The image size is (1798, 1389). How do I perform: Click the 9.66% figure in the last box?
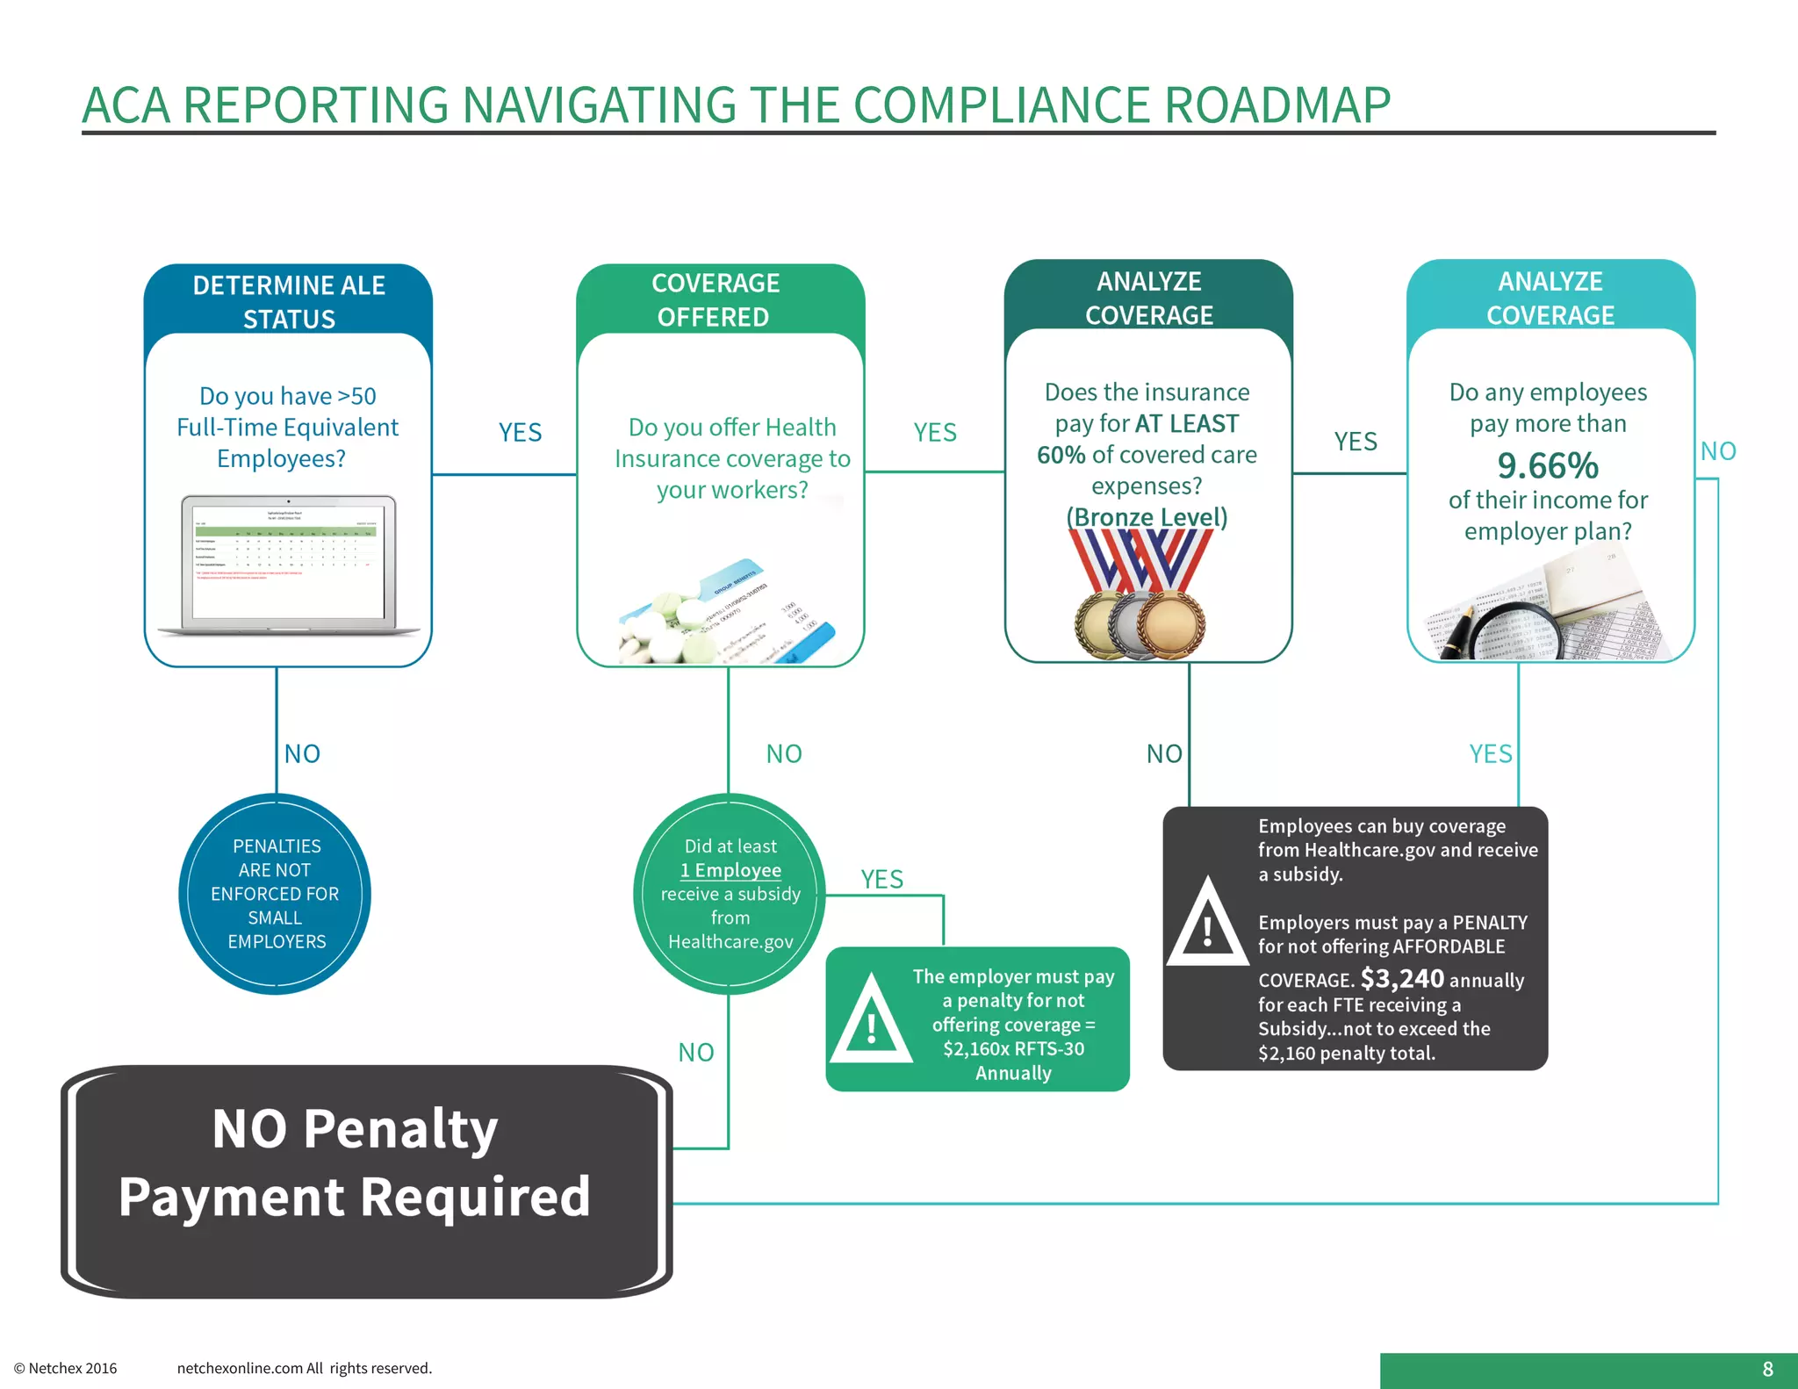click(1548, 466)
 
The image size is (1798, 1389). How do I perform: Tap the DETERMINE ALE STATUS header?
click(289, 301)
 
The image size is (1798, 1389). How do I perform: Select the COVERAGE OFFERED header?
click(715, 299)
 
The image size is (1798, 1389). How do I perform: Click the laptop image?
click(289, 565)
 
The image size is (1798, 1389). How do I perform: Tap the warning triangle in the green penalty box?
click(870, 1021)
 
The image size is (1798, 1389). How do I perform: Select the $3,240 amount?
click(1402, 978)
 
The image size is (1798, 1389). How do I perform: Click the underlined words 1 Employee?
click(730, 870)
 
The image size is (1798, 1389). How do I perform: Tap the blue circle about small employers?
click(275, 894)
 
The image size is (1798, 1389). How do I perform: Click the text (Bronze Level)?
click(1147, 517)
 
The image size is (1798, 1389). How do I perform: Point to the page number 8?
click(1767, 1369)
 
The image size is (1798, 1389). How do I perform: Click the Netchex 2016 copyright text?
click(66, 1368)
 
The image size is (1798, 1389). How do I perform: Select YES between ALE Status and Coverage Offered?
click(520, 433)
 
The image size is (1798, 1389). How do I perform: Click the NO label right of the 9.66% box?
click(1718, 451)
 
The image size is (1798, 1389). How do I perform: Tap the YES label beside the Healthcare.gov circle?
click(881, 879)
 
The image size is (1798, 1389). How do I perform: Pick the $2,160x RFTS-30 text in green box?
click(1013, 1048)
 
